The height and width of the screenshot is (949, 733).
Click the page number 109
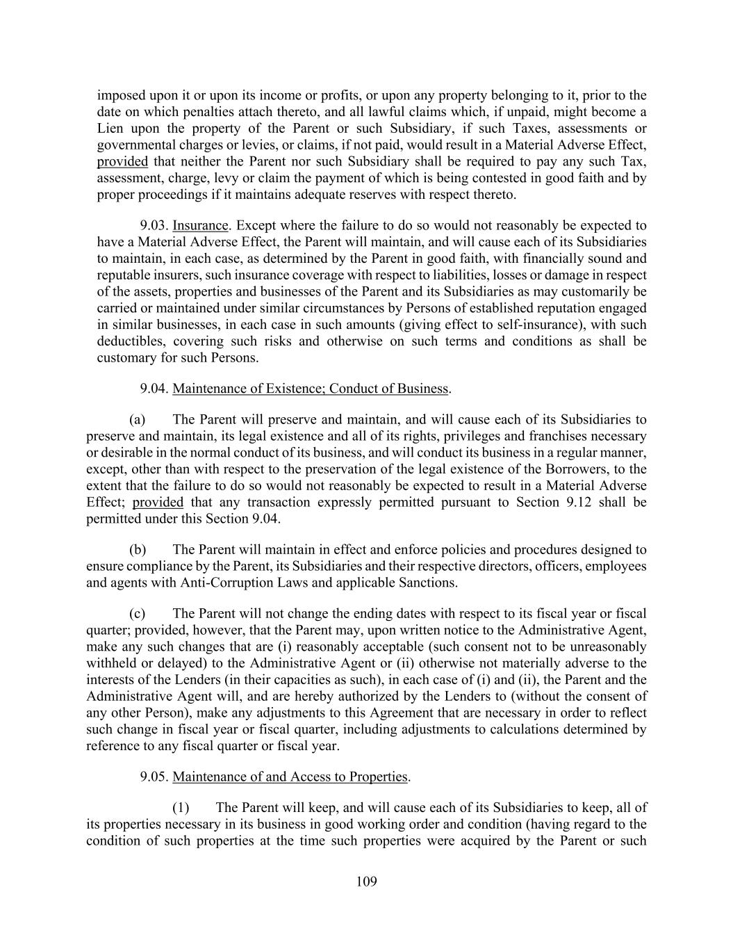coord(366,882)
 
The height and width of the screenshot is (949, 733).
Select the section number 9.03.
coord(154,225)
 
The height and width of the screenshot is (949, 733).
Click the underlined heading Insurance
coord(200,225)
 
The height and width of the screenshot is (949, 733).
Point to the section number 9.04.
coord(154,388)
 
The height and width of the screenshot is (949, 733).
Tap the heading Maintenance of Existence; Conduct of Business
coord(310,388)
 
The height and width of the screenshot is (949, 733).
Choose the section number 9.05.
coord(154,777)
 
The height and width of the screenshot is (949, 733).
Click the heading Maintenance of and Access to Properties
coord(290,777)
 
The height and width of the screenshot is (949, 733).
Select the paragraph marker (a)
coord(138,419)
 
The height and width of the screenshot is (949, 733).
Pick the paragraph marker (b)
coord(138,550)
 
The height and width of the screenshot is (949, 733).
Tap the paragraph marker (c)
coord(138,613)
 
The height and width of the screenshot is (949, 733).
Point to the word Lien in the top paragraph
coord(109,129)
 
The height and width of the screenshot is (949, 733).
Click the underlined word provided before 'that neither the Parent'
coord(122,161)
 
